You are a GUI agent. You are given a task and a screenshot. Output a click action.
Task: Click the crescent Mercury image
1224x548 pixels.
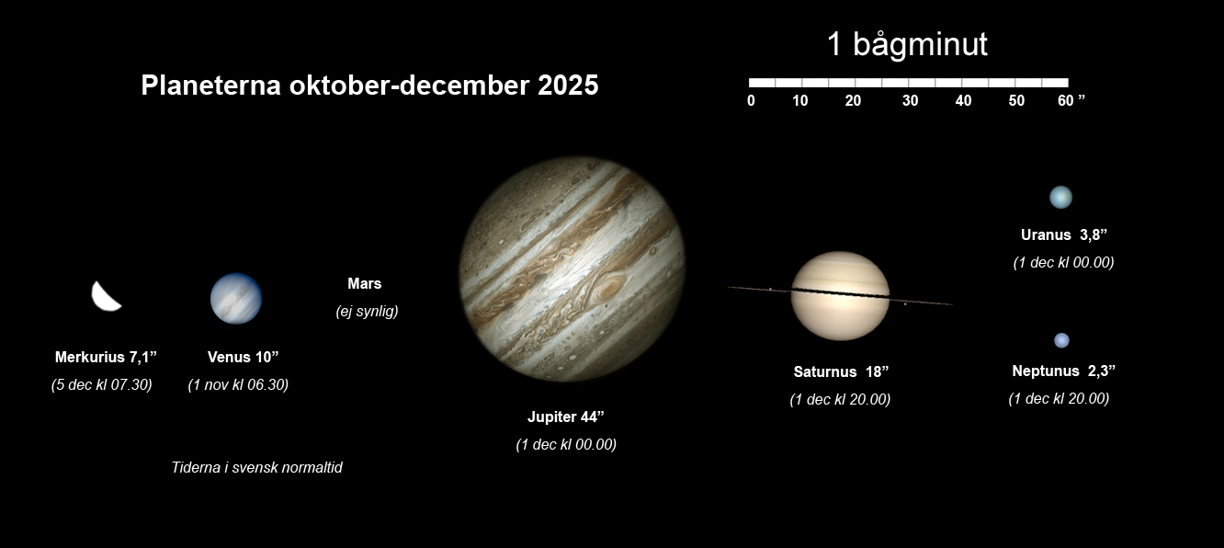pos(104,298)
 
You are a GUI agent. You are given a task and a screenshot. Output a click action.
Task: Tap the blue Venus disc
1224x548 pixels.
pos(236,299)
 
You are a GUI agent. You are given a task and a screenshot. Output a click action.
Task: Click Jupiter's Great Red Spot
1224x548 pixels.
pos(608,287)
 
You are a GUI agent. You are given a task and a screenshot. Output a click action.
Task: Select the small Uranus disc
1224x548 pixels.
pos(1060,197)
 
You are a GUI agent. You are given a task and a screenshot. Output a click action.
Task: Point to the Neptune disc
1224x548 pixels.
pos(1061,340)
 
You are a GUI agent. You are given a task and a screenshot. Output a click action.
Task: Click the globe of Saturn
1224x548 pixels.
pos(841,296)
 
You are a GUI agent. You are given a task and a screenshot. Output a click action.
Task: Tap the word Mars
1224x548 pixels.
pos(365,283)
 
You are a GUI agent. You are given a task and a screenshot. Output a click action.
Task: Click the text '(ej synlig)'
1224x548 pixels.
pos(368,311)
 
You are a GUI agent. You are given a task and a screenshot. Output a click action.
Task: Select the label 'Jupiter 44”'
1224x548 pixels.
pos(565,417)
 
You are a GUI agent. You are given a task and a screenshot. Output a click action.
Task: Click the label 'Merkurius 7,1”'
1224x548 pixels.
pos(106,357)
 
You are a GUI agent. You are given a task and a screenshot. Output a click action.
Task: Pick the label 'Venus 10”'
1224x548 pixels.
pos(244,357)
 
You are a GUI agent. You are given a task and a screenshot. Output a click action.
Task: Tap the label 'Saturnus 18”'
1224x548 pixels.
pos(841,371)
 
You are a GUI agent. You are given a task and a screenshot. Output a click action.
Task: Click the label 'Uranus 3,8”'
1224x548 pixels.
pos(1064,234)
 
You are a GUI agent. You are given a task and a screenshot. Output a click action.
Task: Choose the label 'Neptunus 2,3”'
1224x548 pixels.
pos(1063,371)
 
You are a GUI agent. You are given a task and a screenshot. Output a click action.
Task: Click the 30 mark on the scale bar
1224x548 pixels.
pos(910,100)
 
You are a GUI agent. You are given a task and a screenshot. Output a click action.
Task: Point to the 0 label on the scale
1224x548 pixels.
pos(751,100)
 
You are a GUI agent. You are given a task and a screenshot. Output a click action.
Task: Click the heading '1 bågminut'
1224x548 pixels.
pos(907,44)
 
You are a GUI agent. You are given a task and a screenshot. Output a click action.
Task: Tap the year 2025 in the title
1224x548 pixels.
pos(568,86)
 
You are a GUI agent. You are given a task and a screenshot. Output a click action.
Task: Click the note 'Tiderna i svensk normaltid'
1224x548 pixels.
pos(256,468)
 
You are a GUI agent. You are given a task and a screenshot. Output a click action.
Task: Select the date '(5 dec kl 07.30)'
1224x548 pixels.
pos(102,385)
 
